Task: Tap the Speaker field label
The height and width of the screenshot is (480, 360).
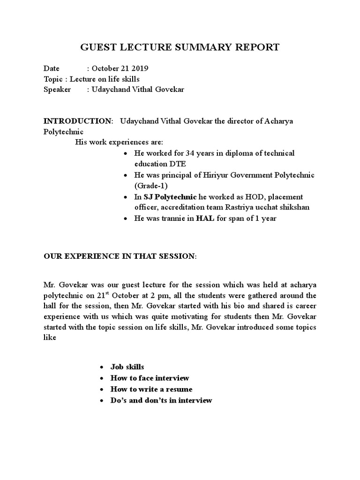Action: [x=57, y=90]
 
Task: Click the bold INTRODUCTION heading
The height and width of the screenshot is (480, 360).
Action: [x=78, y=121]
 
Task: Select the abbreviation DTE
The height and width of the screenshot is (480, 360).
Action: [x=177, y=164]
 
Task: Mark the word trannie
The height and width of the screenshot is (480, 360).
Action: [x=175, y=218]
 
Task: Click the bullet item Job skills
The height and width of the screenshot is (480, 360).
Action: [x=127, y=367]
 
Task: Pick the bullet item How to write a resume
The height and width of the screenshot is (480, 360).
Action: [x=151, y=389]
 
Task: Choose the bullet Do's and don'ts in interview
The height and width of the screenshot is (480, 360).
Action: [x=161, y=400]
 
